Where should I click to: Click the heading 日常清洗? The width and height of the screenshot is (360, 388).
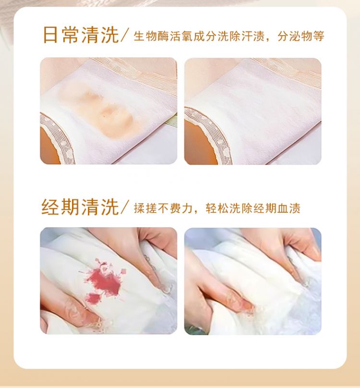pyautogui.click(x=81, y=35)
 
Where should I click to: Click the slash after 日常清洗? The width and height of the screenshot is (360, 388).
pyautogui.click(x=125, y=36)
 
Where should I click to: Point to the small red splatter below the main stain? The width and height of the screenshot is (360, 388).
pyautogui.click(x=93, y=298)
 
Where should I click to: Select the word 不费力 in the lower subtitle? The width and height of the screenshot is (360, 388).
pyautogui.click(x=175, y=208)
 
